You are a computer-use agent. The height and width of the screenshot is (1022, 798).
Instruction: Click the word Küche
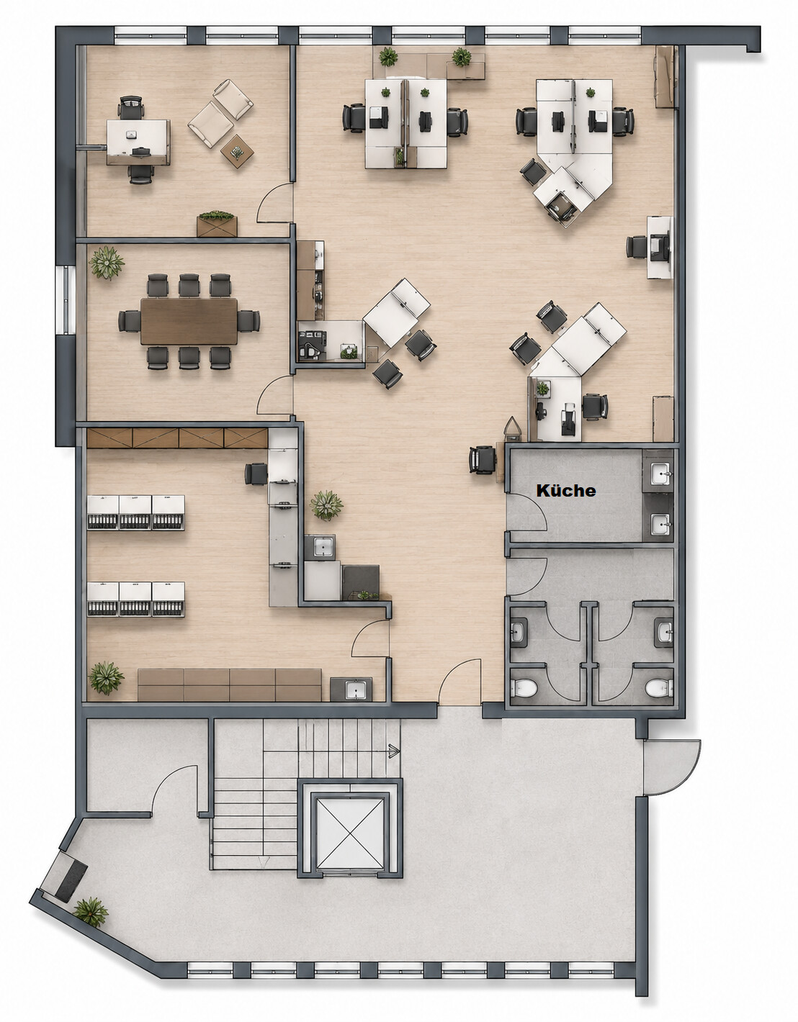pyautogui.click(x=566, y=491)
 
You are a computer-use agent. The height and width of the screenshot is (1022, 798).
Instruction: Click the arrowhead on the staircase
pyautogui.click(x=394, y=751)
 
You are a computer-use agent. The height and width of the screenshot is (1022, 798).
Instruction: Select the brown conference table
pyautogui.click(x=189, y=321)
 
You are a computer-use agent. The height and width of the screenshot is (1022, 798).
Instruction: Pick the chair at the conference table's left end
pyautogui.click(x=130, y=321)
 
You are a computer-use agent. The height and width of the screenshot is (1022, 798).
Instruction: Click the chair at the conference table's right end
pyautogui.click(x=248, y=321)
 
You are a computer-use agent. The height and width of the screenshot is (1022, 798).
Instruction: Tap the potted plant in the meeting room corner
pyautogui.click(x=107, y=263)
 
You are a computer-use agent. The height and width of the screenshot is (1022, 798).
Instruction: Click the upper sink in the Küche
pyautogui.click(x=661, y=473)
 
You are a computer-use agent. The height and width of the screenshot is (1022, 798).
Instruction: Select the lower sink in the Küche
pyautogui.click(x=661, y=524)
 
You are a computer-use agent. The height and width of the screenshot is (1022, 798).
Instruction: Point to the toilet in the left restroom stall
pyautogui.click(x=526, y=689)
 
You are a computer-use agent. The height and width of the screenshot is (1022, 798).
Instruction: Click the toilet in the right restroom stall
pyautogui.click(x=659, y=689)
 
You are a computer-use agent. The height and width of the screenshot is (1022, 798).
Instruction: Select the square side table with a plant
pyautogui.click(x=237, y=151)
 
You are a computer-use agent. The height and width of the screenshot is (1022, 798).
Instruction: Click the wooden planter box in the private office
pyautogui.click(x=217, y=225)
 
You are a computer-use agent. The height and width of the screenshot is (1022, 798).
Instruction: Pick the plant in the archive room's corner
pyautogui.click(x=107, y=678)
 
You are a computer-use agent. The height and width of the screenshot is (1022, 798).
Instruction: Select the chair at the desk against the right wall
pyautogui.click(x=637, y=247)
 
